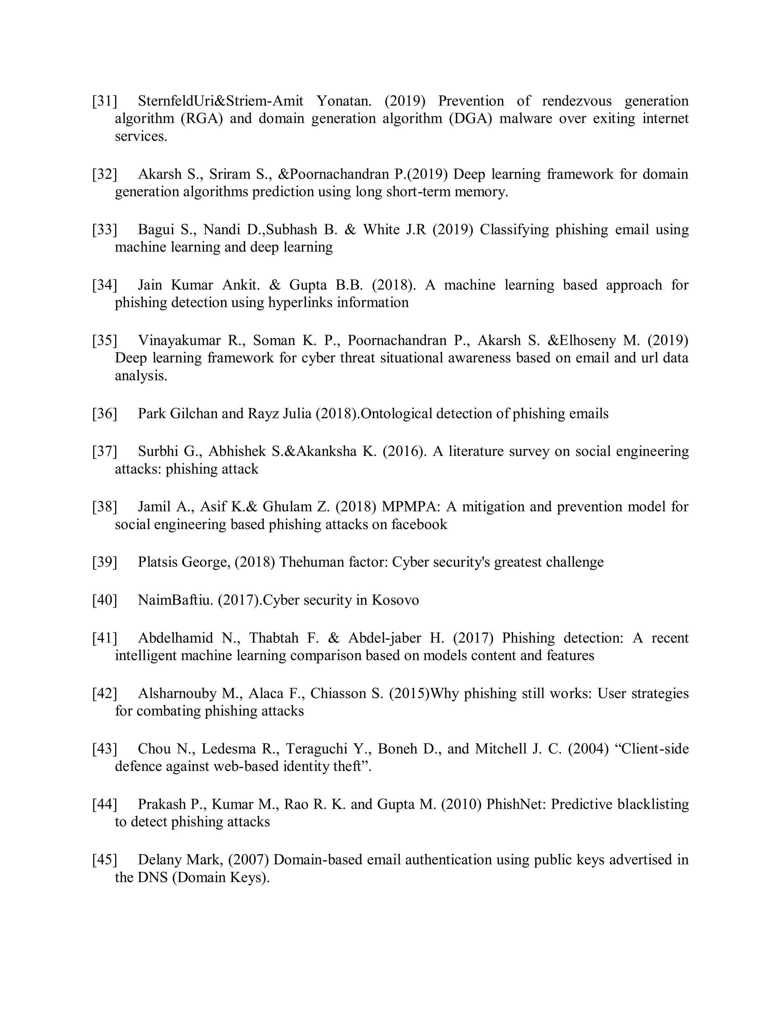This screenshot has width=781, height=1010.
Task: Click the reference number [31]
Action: click(104, 101)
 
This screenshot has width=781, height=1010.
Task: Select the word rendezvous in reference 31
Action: click(577, 101)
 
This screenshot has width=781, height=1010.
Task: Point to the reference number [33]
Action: click(104, 230)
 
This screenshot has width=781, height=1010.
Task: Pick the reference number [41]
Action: click(104, 638)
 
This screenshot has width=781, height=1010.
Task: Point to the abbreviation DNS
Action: click(152, 877)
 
